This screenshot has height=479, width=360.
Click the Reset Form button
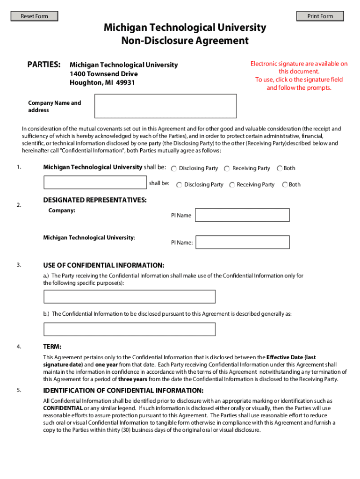click(x=35, y=16)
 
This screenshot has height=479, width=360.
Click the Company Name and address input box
click(x=166, y=106)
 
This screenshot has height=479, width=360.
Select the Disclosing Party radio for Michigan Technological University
click(x=173, y=168)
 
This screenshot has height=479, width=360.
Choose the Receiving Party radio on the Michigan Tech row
click(x=227, y=168)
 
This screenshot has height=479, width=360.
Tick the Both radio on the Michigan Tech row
click(x=280, y=168)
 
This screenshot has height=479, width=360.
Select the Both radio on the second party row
click(x=285, y=185)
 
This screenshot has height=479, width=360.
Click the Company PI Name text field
click(x=242, y=215)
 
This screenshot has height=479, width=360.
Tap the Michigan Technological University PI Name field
click(x=242, y=242)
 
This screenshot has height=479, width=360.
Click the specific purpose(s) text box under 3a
click(x=130, y=297)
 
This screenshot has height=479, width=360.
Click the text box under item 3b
click(x=130, y=329)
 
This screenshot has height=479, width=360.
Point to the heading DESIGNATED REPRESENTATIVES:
click(x=95, y=200)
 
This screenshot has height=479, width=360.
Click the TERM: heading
click(x=52, y=347)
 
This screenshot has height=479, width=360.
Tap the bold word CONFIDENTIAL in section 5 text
click(x=63, y=408)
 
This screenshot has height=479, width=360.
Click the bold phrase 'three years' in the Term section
click(x=132, y=379)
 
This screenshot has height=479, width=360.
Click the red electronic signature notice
click(x=299, y=76)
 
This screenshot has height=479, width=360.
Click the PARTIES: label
click(x=43, y=64)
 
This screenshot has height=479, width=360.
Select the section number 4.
click(x=18, y=347)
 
